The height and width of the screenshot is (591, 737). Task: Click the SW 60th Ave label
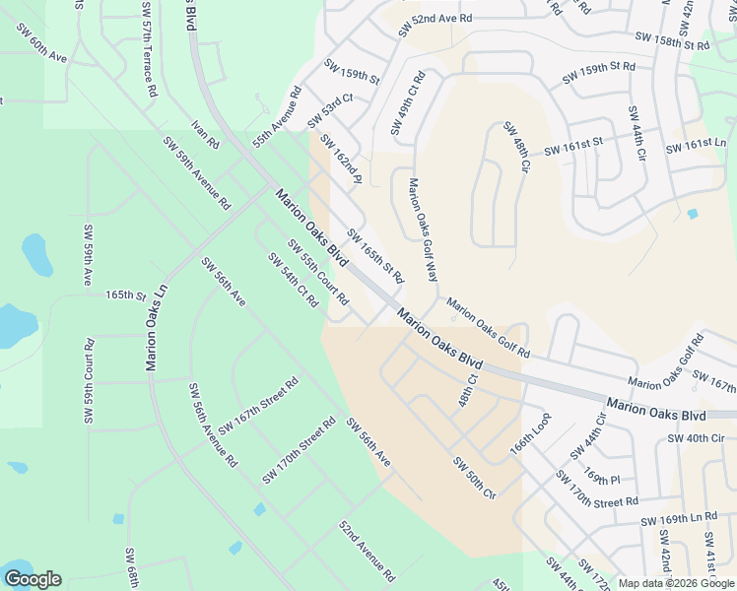point(40,43)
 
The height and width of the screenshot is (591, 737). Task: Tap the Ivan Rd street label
point(206,134)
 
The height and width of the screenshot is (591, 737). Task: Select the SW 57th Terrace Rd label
point(149,49)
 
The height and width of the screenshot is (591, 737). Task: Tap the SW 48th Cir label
point(517,148)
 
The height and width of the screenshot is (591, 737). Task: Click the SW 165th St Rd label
point(374,255)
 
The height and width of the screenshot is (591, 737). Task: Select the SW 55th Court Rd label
point(318,271)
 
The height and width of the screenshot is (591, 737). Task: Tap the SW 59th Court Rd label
point(89,381)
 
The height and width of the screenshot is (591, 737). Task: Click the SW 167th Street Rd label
point(258,405)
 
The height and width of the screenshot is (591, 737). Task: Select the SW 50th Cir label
point(474,478)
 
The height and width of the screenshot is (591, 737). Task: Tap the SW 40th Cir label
point(696,437)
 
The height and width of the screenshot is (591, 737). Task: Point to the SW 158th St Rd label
point(673,41)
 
